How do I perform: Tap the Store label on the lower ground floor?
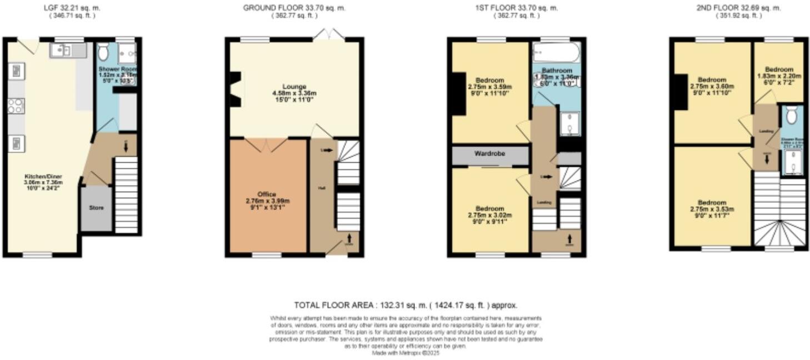point(97,208)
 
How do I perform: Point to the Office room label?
point(267,194)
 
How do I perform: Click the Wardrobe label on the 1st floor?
point(489,153)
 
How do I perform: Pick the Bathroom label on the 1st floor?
point(557,71)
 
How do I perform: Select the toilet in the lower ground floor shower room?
point(103,53)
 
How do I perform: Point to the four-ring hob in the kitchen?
point(16,106)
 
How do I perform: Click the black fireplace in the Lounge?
point(234,89)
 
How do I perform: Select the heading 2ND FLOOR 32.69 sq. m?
point(738,8)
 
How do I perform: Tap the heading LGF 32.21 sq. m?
point(72,8)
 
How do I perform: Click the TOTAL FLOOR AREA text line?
point(406,305)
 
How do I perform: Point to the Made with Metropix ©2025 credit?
point(406,352)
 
